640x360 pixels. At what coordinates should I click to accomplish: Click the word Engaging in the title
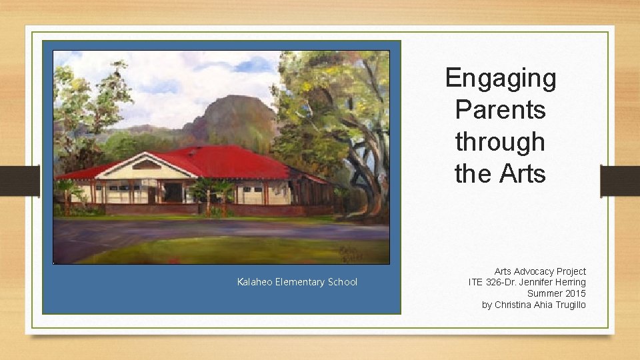coord(500,78)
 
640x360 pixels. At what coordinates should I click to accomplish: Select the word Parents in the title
coord(500,110)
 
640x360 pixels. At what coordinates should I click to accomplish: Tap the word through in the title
coord(500,142)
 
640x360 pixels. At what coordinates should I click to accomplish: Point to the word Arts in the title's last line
coord(522,174)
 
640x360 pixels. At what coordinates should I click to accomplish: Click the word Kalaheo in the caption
coord(255,282)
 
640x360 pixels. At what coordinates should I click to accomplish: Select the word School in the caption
coord(342,282)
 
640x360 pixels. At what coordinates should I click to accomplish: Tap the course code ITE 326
coord(485,282)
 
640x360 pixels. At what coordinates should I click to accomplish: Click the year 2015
coord(575,293)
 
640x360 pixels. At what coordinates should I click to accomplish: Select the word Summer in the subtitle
coord(544,293)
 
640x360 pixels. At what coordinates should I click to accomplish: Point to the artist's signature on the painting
coord(351,252)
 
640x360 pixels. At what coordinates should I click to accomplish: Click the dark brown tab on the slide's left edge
coord(19,181)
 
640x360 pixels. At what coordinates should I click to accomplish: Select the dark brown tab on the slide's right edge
coord(620,181)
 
